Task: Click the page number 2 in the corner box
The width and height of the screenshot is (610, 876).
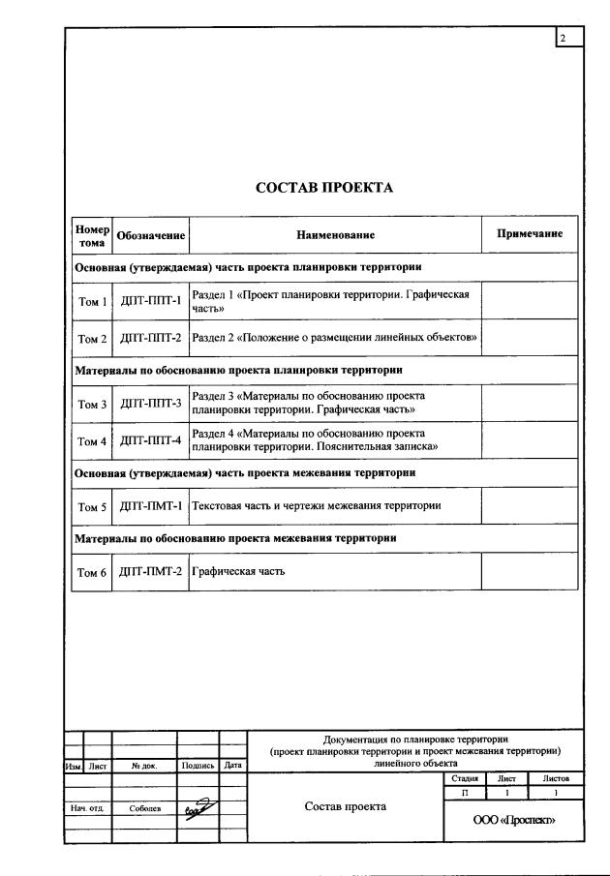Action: pyautogui.click(x=564, y=38)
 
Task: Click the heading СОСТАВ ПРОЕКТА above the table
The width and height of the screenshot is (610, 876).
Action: pyautogui.click(x=324, y=188)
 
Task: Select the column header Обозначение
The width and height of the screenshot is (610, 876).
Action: pyautogui.click(x=151, y=235)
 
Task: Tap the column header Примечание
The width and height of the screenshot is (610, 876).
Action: pyautogui.click(x=530, y=234)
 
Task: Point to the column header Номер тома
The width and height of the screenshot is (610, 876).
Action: pyautogui.click(x=92, y=235)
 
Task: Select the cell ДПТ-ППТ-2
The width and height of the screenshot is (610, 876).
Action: pyautogui.click(x=151, y=339)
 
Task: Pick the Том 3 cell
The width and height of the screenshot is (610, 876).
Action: pyautogui.click(x=92, y=403)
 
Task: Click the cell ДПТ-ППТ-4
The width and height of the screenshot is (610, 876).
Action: pyautogui.click(x=151, y=440)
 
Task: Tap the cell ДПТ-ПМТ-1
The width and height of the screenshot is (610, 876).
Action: pyautogui.click(x=151, y=505)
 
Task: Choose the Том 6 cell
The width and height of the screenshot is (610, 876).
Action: pyautogui.click(x=92, y=571)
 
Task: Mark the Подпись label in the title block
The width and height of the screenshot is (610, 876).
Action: pyautogui.click(x=198, y=765)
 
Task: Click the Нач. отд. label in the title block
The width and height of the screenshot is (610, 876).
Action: pyautogui.click(x=87, y=807)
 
